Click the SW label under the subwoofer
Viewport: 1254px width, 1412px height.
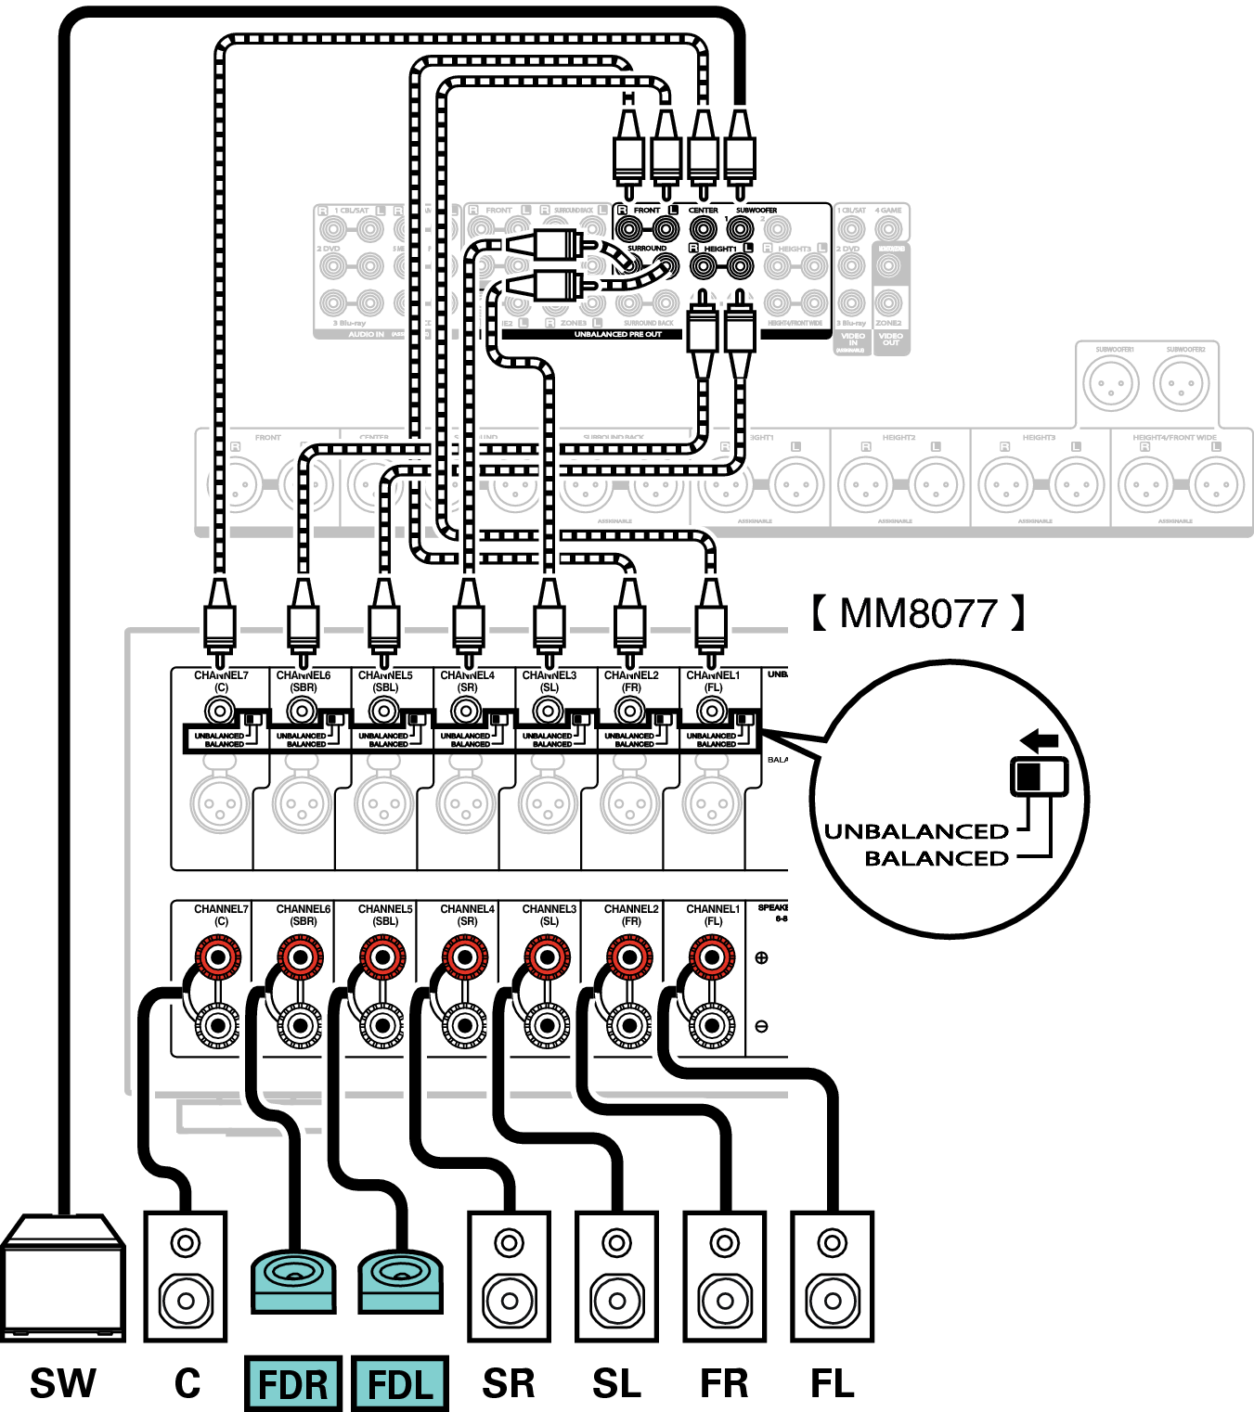[x=62, y=1383]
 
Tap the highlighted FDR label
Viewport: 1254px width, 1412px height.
[x=293, y=1383]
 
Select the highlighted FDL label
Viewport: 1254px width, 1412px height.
[x=401, y=1383]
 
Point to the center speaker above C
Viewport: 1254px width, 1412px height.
[x=186, y=1277]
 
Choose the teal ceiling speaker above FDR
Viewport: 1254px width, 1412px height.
[x=293, y=1280]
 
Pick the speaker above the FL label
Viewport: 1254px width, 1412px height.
[x=832, y=1277]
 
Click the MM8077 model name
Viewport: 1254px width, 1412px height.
[x=918, y=613]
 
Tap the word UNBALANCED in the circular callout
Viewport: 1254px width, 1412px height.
[x=916, y=831]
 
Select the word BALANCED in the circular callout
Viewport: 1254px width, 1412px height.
[x=937, y=858]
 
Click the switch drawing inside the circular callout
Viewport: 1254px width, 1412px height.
[x=1039, y=776]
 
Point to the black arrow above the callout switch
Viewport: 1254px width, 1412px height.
[x=1039, y=740]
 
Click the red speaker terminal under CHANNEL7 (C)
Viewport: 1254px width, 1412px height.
[x=219, y=956]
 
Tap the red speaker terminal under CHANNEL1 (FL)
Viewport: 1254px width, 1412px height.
[x=711, y=956]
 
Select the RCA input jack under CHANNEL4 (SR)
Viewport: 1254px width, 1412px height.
[x=466, y=712]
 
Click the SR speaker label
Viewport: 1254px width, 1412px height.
[x=509, y=1383]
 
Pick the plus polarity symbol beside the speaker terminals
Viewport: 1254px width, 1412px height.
[x=762, y=957]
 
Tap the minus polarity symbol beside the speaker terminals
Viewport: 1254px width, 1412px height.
[x=762, y=1026]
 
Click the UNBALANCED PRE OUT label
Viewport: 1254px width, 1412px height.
[x=617, y=334]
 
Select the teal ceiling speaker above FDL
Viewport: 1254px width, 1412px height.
[x=401, y=1280]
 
